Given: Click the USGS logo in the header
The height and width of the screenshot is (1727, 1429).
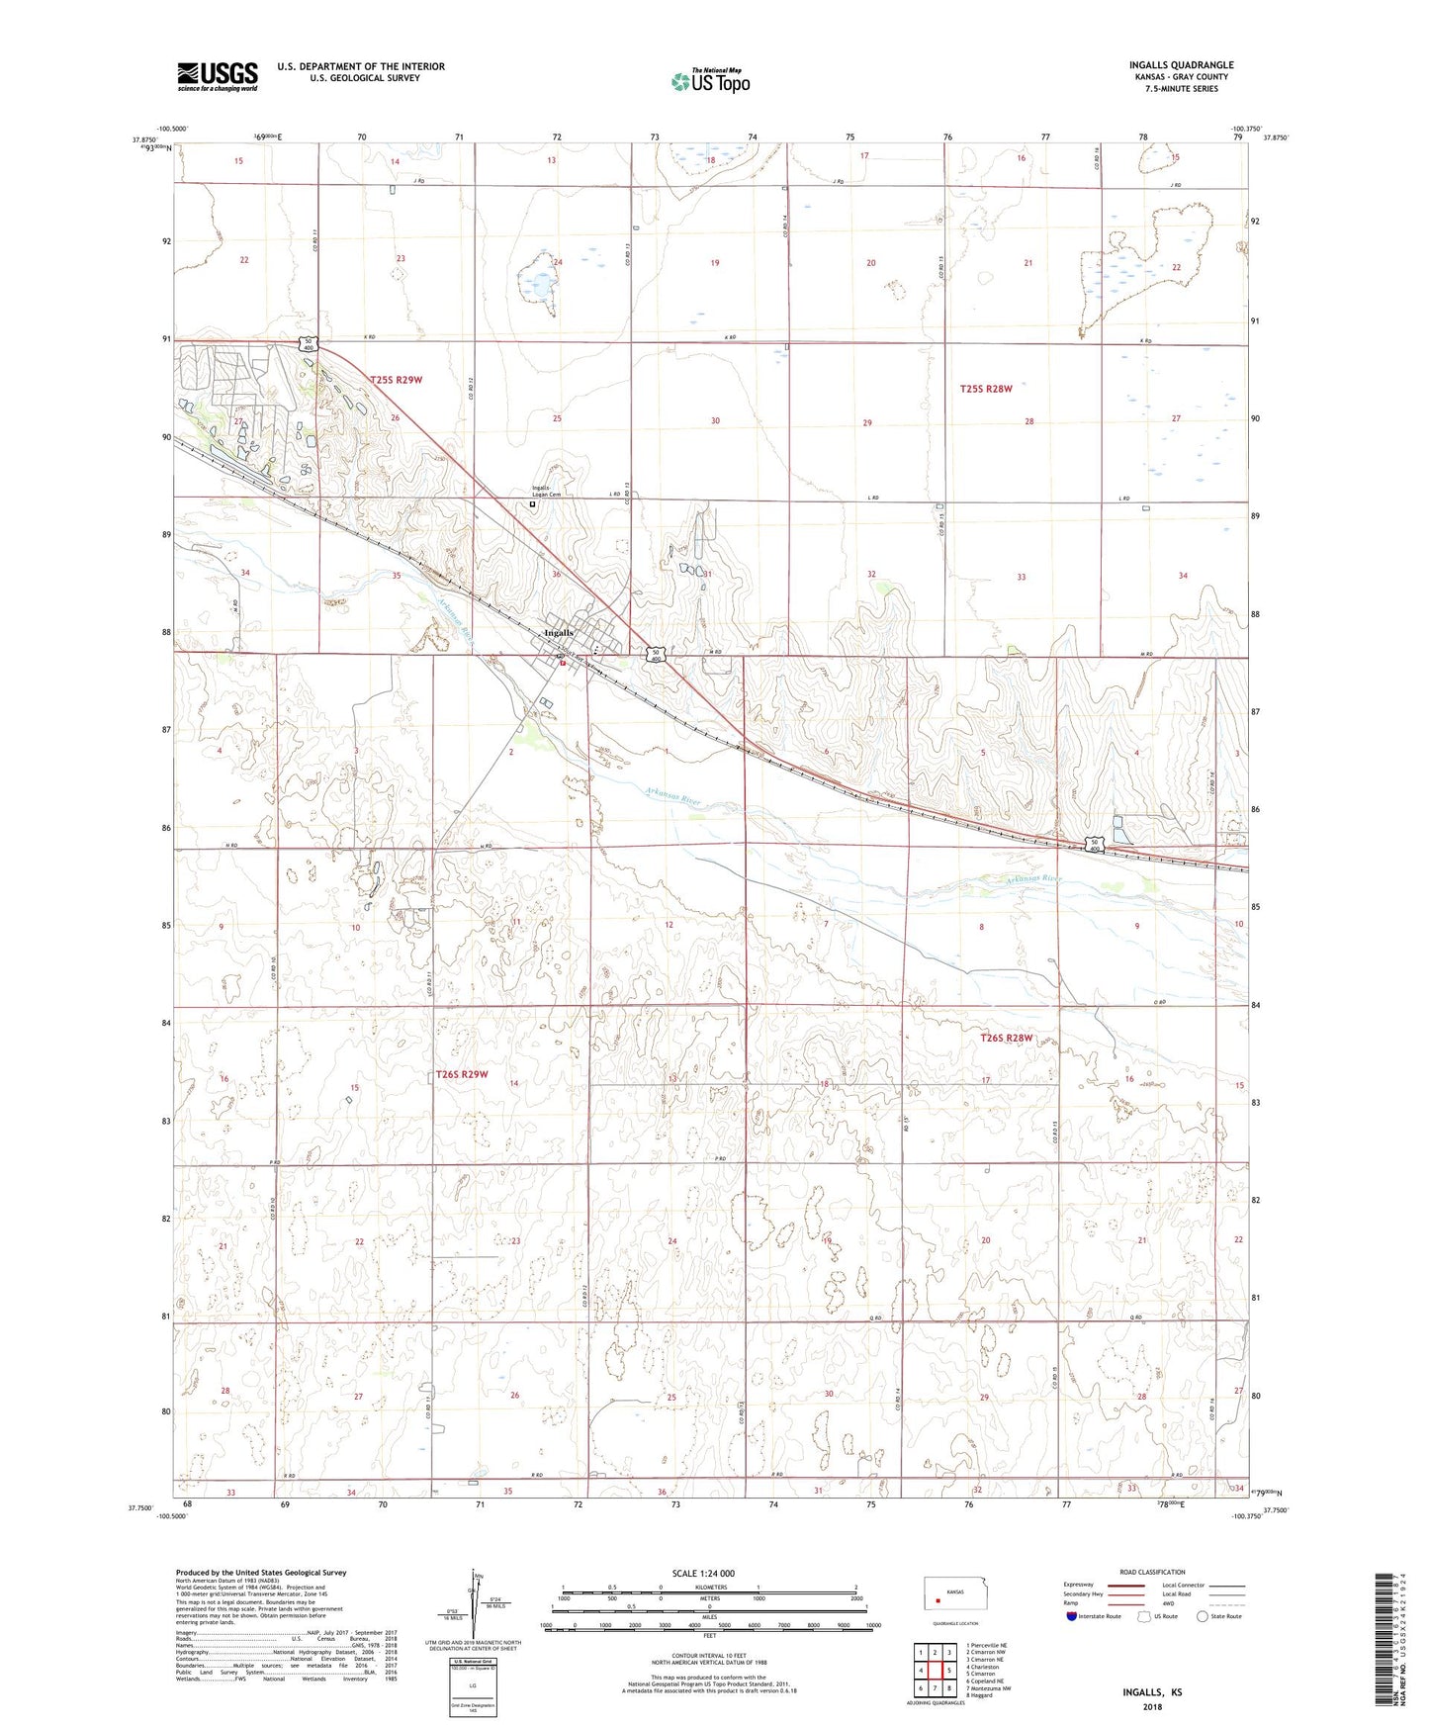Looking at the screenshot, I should [x=218, y=76].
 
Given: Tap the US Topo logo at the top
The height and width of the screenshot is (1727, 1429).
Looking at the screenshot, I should [x=710, y=81].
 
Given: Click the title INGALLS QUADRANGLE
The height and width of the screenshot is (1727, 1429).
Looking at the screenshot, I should [x=1181, y=65].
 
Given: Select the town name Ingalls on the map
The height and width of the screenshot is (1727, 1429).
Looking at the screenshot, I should [x=559, y=633].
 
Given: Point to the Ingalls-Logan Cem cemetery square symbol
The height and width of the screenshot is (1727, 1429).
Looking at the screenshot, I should [x=532, y=504].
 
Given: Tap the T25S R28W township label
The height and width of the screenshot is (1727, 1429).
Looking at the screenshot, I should [x=985, y=389].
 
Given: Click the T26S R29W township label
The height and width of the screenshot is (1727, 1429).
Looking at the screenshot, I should [x=462, y=1074].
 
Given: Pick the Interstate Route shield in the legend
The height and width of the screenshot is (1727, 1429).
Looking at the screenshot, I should [x=1073, y=1616].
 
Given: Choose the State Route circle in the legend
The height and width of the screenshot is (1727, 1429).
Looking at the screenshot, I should [x=1203, y=1616].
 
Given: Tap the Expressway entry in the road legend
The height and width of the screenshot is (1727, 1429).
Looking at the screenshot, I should [x=1081, y=1585].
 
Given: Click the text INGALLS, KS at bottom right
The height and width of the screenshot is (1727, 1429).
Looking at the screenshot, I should [x=1152, y=1692].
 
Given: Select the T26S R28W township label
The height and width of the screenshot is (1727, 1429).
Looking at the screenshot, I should [x=1006, y=1038].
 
